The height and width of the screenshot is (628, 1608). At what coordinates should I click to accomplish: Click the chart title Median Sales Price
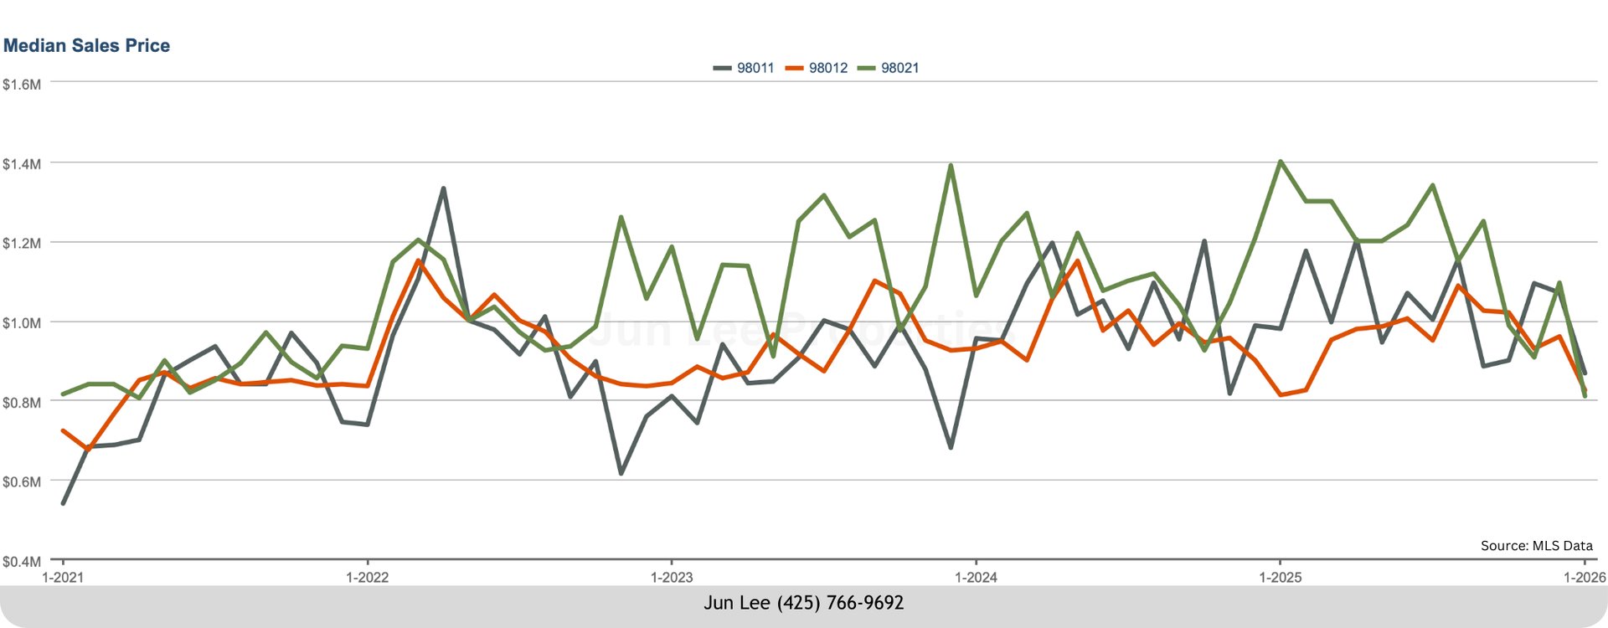pos(86,45)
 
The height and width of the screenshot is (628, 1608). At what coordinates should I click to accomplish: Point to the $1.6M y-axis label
pos(22,84)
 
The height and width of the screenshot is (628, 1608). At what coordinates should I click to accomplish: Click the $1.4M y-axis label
pos(22,164)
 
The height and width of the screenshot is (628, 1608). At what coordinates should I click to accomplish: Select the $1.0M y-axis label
pos(22,323)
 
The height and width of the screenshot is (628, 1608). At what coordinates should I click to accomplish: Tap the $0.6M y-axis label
pos(22,482)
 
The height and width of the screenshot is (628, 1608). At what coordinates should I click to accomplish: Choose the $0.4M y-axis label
pos(22,561)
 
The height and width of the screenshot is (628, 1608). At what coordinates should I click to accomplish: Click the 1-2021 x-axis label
pos(63,577)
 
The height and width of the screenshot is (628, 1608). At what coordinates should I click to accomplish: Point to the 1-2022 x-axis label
pos(367,577)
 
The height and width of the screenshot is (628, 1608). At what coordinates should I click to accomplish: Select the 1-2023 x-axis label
pos(672,577)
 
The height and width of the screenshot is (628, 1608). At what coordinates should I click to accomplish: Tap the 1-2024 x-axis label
pos(976,577)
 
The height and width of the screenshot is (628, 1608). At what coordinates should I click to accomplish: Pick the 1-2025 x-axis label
pos(1280,577)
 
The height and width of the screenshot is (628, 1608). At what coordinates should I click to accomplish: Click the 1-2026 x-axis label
pos(1584,577)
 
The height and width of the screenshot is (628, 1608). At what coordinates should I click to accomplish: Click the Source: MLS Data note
pos(1536,545)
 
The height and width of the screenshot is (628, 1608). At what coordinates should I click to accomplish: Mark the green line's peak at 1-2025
pos(1281,162)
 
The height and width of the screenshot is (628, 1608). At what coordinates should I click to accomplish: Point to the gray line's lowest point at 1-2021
pos(63,503)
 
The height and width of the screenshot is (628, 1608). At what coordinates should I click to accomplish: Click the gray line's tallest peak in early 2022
pos(443,188)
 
